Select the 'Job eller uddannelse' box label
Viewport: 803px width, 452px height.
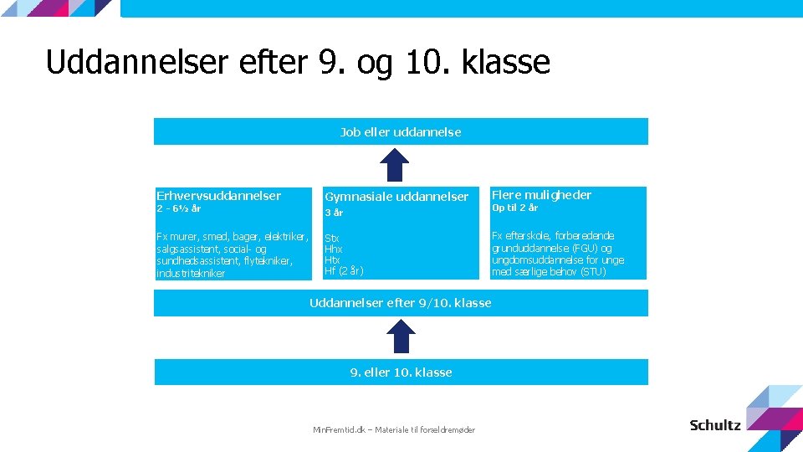[x=400, y=131]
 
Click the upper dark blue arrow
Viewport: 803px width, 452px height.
[x=401, y=164]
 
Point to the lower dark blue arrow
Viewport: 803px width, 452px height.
[x=401, y=336]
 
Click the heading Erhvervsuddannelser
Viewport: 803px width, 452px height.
[x=218, y=195]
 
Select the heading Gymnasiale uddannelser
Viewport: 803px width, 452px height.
[x=396, y=197]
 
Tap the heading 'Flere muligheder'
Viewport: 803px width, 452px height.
[x=541, y=195]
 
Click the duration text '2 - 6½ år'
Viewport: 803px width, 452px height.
[x=178, y=208]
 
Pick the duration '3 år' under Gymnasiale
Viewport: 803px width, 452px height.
[x=334, y=213]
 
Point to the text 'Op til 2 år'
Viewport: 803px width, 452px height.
[x=514, y=208]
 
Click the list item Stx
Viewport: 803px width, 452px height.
[x=331, y=238]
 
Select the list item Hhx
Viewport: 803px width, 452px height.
[x=333, y=249]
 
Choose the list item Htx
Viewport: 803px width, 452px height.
[x=332, y=259]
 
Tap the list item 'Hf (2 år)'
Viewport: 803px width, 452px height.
[x=343, y=270]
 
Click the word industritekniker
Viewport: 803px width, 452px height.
[x=190, y=273]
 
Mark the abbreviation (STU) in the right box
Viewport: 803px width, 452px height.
[x=592, y=271]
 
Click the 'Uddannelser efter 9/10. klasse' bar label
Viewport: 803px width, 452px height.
[x=400, y=302]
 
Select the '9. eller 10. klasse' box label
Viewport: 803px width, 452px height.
[x=401, y=372]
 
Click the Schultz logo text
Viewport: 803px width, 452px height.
[x=715, y=425]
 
